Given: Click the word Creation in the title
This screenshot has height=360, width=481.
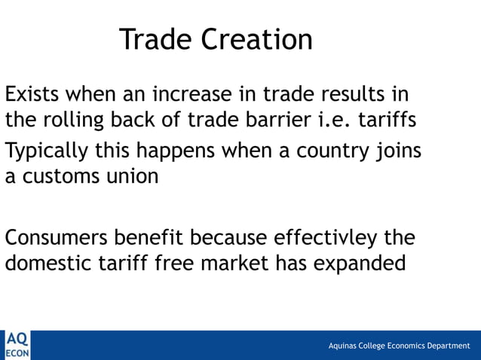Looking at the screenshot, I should pos(257,39).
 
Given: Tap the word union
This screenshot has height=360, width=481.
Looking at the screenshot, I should pos(133,177).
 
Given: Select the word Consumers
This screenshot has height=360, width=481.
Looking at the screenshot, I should pos(57,238).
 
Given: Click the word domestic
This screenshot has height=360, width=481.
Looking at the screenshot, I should pos(50,264).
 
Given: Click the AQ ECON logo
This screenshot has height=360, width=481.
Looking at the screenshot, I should pos(16,345).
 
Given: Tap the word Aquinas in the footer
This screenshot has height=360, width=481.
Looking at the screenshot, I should pos(344,346).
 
